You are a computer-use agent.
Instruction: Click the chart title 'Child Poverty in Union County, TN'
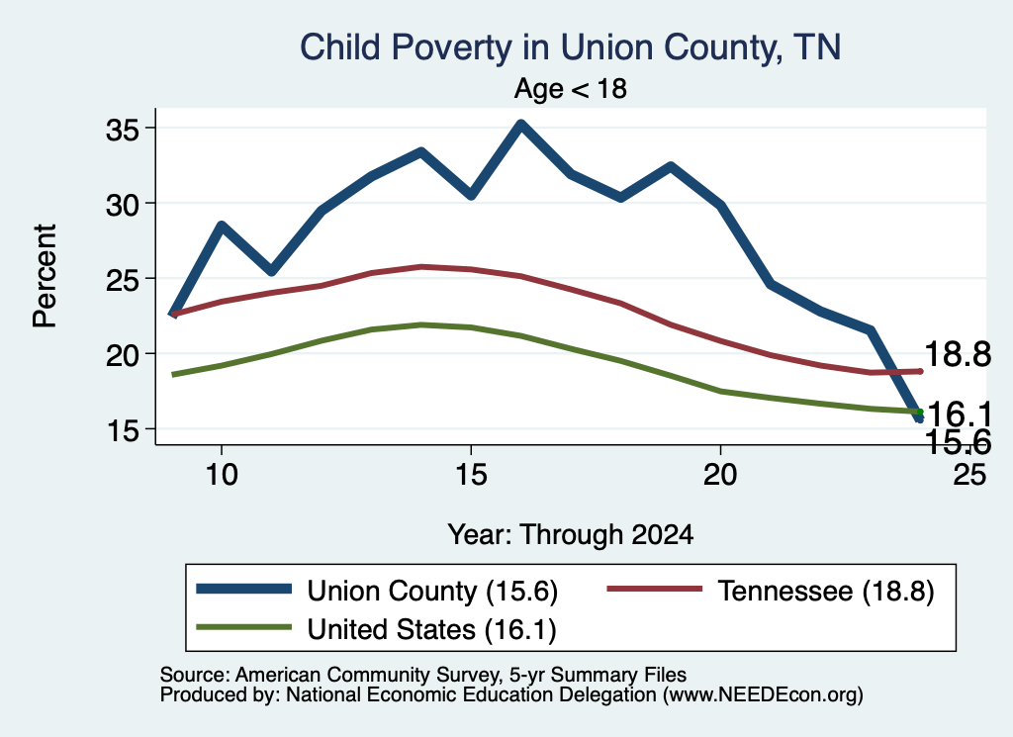[571, 47]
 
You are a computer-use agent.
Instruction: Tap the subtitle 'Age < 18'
[571, 88]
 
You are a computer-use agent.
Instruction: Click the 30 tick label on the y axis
[123, 205]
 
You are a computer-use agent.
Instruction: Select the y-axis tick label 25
[123, 280]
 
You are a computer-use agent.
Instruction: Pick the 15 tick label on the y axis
[123, 430]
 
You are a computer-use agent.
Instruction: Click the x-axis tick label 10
[222, 475]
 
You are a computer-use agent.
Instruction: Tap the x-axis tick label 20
[720, 475]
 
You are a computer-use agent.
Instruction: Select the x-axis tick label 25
[969, 475]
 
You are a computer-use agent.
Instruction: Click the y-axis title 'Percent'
[46, 276]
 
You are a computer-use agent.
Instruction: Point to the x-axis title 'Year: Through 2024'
[571, 535]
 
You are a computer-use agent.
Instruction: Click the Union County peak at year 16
[520, 124]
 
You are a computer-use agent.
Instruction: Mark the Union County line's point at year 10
[222, 227]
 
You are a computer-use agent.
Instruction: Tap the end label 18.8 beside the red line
[958, 354]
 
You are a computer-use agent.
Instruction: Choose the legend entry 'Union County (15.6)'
[377, 591]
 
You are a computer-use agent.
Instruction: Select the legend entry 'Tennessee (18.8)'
[771, 591]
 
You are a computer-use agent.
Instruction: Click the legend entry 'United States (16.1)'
[377, 629]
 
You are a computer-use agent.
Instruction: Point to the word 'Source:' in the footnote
[195, 675]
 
